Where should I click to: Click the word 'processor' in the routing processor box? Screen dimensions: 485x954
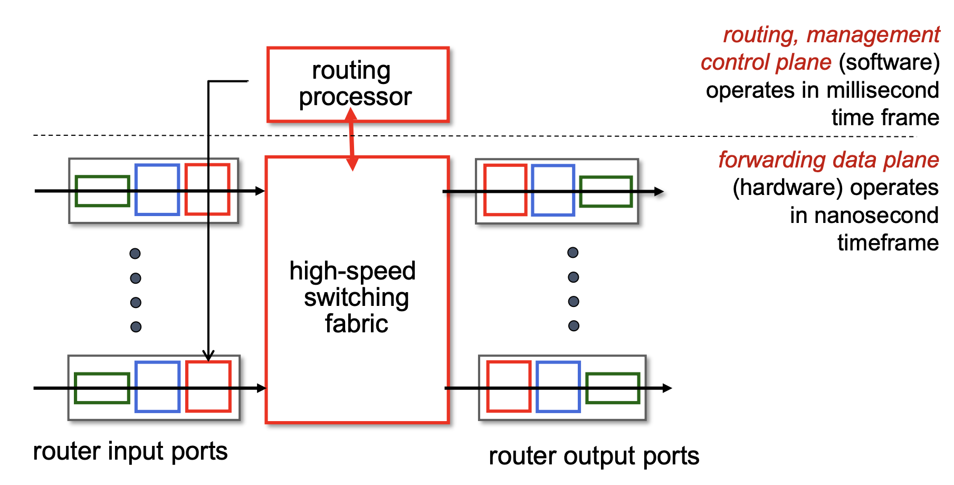tap(355, 97)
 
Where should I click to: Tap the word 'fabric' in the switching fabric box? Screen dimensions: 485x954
tap(357, 323)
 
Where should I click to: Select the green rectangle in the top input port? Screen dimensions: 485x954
tap(102, 191)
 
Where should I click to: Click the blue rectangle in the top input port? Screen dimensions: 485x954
tap(157, 190)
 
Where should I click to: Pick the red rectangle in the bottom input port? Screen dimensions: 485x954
tap(208, 386)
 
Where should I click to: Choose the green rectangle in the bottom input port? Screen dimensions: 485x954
tap(102, 388)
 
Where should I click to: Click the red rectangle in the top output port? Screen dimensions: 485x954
tap(505, 190)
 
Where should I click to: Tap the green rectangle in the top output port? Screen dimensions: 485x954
tap(606, 191)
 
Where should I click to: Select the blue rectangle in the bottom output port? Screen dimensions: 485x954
tap(558, 387)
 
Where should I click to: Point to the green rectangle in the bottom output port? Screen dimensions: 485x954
tap(613, 388)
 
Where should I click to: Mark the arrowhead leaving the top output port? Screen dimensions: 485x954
tap(659, 191)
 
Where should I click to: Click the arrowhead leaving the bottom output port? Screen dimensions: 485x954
tap(667, 388)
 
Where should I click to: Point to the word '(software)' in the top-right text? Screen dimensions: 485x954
tap(889, 62)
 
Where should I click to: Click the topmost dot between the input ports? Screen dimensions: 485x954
tap(135, 254)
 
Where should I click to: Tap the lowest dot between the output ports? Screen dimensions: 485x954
tap(574, 326)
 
